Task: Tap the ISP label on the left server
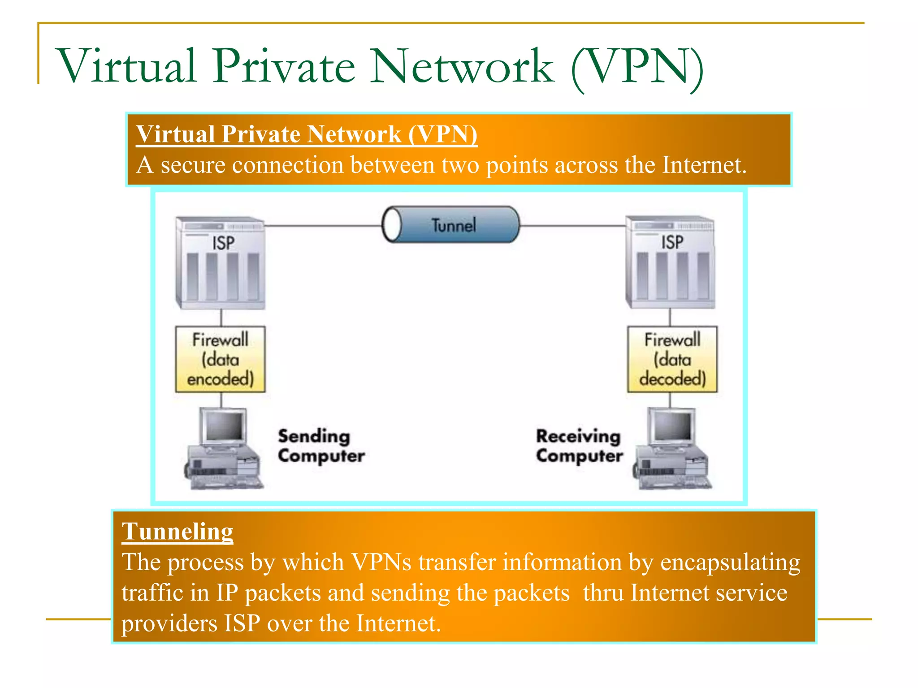pyautogui.click(x=223, y=243)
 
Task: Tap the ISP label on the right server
pyautogui.click(x=672, y=242)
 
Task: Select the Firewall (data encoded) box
pyautogui.click(x=220, y=359)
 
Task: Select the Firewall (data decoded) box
pyautogui.click(x=672, y=359)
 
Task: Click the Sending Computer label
pyautogui.click(x=320, y=446)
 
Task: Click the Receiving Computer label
pyautogui.click(x=579, y=446)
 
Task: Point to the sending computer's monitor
pyautogui.click(x=224, y=426)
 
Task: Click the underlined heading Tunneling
pyautogui.click(x=177, y=532)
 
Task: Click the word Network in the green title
pyautogui.click(x=462, y=66)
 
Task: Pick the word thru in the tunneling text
pyautogui.click(x=603, y=593)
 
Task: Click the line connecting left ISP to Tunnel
pyautogui.click(x=323, y=226)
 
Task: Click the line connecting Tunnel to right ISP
pyautogui.click(x=573, y=226)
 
